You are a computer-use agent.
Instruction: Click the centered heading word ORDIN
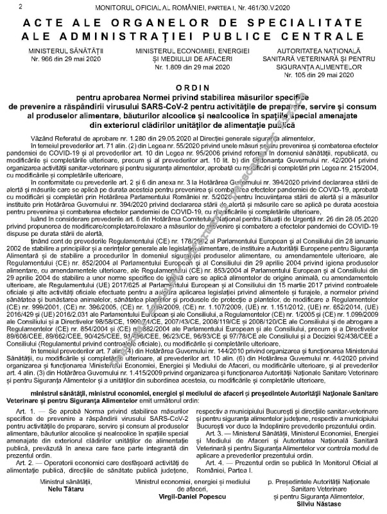(193, 87)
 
